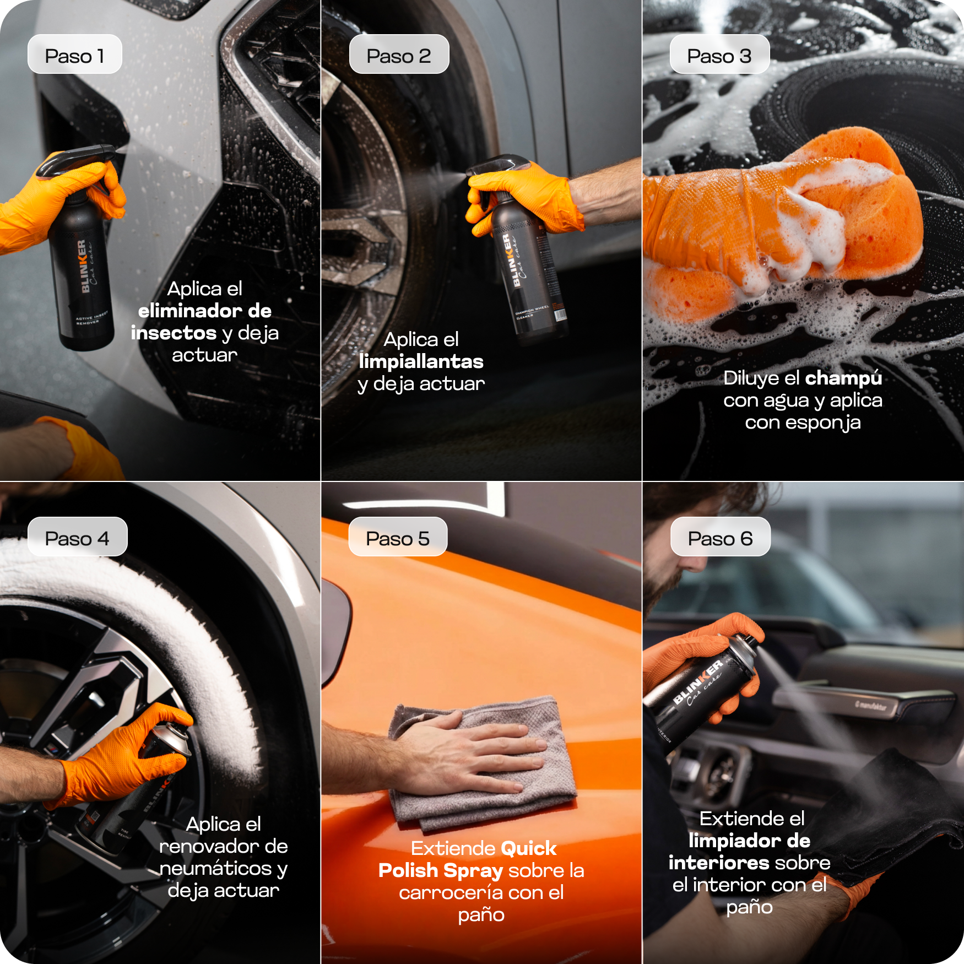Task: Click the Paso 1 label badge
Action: point(74,55)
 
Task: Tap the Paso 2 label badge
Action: point(399,55)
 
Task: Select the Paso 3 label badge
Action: point(719,55)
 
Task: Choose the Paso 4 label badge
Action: point(77,537)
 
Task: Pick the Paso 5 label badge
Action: point(398,537)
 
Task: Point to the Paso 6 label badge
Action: point(720,537)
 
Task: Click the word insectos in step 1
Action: point(174,333)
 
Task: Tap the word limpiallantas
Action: point(421,361)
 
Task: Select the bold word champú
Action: point(843,378)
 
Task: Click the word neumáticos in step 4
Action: point(215,869)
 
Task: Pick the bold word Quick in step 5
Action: point(528,848)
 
